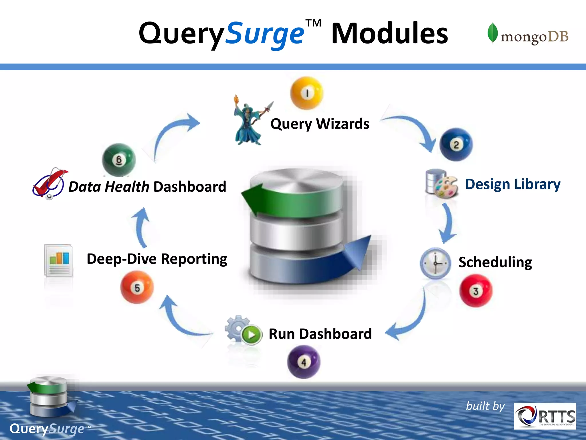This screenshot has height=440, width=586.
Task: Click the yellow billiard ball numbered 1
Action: (307, 93)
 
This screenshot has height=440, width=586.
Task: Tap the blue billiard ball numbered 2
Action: (456, 145)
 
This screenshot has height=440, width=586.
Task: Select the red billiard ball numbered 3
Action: (476, 291)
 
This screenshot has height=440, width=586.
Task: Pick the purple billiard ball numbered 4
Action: (304, 362)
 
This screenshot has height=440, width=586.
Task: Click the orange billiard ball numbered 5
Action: (137, 287)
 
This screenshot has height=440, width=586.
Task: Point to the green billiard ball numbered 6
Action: (119, 160)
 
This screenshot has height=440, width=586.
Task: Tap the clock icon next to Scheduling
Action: (435, 263)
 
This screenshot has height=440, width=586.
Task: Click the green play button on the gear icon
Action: (252, 334)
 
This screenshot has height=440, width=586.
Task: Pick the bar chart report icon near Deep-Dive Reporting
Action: (59, 260)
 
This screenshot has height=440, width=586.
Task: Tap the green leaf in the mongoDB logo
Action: (492, 33)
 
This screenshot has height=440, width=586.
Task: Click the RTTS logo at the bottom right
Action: (545, 416)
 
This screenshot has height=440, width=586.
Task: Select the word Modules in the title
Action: (389, 34)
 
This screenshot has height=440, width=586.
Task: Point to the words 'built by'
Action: (485, 406)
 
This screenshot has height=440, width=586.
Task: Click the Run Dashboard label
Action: (320, 334)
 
